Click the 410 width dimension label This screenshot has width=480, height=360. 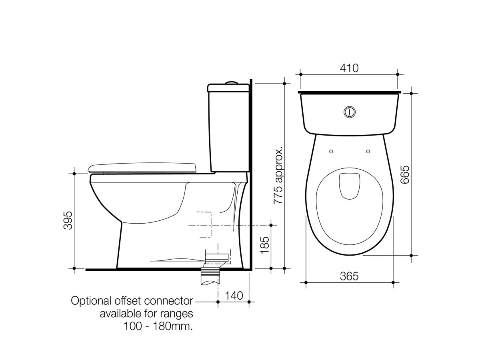coord(350,68)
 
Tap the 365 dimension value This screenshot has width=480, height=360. coord(349,276)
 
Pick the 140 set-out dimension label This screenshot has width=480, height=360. coord(234,296)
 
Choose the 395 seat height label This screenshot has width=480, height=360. coord(68,220)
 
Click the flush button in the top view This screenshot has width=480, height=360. coord(350,112)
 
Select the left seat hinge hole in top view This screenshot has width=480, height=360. coord(331,151)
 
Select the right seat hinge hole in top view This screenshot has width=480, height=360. coord(368,151)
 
